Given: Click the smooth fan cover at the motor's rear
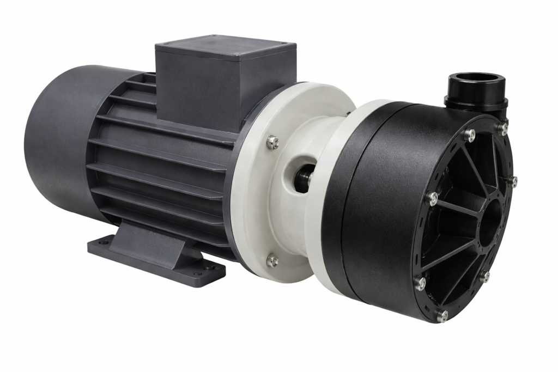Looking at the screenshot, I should point(54,142).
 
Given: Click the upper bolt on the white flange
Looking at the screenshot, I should point(273,143).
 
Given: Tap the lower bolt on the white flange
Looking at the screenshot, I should point(272,261).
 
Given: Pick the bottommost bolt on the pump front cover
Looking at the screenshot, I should point(443,315).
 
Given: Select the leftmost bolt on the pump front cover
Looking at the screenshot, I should point(432,198).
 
